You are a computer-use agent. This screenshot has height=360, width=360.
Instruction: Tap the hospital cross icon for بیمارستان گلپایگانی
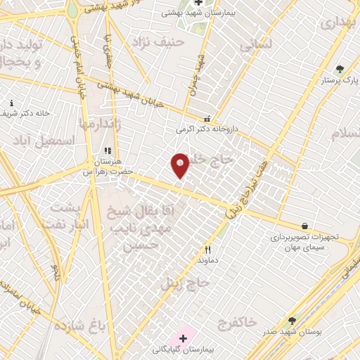click(x=184, y=338)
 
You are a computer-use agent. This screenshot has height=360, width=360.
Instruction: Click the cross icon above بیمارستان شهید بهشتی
click(x=199, y=2)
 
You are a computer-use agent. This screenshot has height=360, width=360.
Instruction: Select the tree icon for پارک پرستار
click(x=340, y=69)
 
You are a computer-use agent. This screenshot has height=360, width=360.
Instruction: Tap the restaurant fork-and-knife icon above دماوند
click(x=207, y=250)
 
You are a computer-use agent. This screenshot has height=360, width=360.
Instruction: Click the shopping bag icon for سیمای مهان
click(x=304, y=226)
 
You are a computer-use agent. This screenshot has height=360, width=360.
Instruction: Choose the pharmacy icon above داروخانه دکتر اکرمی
click(x=207, y=119)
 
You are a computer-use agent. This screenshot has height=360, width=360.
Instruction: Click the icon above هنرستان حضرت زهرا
click(x=108, y=150)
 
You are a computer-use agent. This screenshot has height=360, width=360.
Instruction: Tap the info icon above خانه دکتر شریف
click(x=11, y=103)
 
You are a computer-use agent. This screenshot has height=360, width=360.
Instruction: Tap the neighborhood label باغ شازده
click(x=79, y=326)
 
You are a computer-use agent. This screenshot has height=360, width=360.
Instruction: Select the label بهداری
click(x=338, y=23)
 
